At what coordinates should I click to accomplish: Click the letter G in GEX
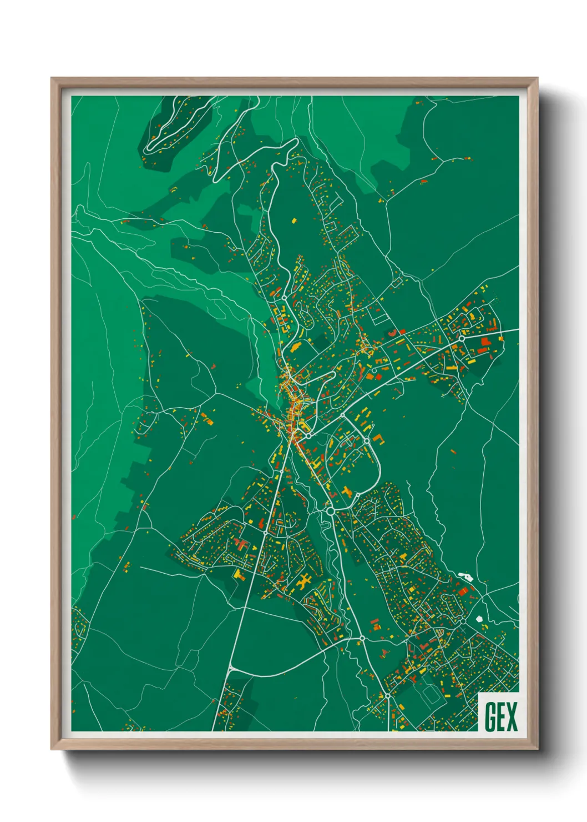click(490, 716)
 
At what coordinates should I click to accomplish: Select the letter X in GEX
click(512, 716)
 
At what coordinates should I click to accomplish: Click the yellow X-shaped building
click(303, 583)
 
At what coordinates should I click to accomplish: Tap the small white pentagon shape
click(480, 618)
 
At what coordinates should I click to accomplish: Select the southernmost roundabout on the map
click(387, 695)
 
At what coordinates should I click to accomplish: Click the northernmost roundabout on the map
click(284, 298)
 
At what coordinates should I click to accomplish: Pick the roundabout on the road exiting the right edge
click(461, 338)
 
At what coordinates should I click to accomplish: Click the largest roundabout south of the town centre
click(331, 510)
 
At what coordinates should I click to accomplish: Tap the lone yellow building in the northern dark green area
click(294, 220)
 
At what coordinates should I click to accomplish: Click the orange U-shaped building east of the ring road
click(380, 438)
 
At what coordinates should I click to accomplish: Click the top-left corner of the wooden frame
click(52, 78)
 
